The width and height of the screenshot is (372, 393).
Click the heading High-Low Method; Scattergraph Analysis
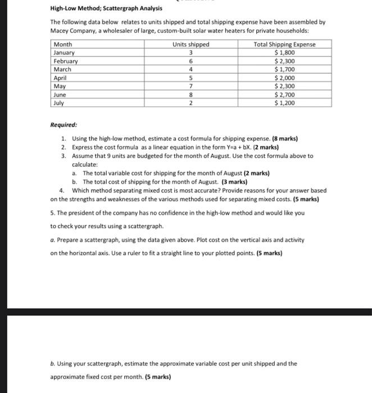tap(98, 8)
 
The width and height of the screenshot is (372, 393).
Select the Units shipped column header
tap(191, 44)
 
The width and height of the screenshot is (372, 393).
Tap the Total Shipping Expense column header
tap(284, 44)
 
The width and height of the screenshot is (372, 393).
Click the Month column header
tap(62, 44)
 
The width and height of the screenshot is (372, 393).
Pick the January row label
tap(65, 53)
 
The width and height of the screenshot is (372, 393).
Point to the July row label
tap(59, 103)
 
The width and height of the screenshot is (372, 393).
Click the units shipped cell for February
tap(192, 61)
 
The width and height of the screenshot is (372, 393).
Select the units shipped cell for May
tap(192, 86)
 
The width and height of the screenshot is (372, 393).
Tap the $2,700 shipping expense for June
tap(284, 95)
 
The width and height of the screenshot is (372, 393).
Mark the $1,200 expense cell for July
tap(284, 103)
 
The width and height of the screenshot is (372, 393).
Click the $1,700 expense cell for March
tap(284, 70)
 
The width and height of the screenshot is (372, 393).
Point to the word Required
tap(63, 125)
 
